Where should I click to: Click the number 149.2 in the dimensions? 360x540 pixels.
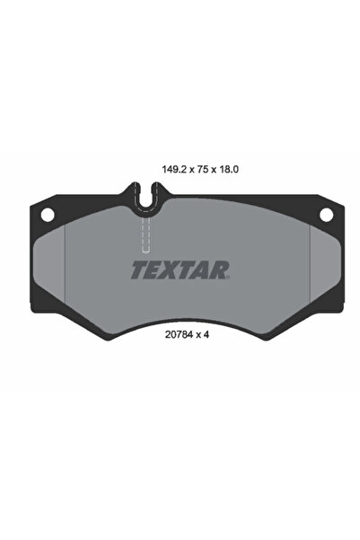click(x=174, y=170)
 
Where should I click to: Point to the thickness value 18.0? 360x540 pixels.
click(x=229, y=170)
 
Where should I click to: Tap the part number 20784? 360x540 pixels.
click(x=179, y=334)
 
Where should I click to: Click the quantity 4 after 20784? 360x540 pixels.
click(x=206, y=334)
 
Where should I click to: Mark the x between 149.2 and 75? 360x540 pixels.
click(x=192, y=170)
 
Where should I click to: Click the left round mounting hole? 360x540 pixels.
click(x=48, y=215)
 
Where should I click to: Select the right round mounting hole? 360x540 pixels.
click(x=326, y=215)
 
